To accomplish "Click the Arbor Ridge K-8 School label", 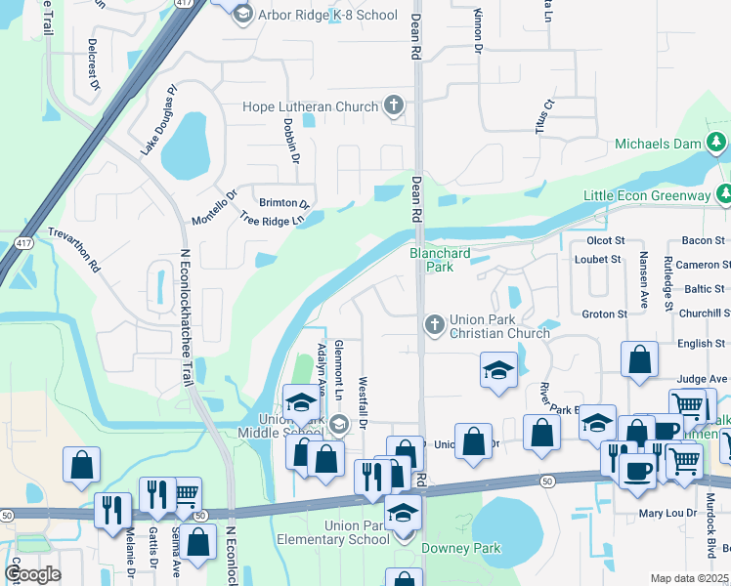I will [x=327, y=15].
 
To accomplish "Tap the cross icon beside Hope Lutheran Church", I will [x=394, y=105].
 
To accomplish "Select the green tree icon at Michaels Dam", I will [x=717, y=144].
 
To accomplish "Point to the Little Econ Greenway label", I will [x=646, y=195].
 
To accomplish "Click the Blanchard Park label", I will [x=439, y=260].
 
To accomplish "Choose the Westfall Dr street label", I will [x=363, y=402].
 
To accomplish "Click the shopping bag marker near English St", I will [x=638, y=358].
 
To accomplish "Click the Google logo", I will [x=32, y=574].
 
